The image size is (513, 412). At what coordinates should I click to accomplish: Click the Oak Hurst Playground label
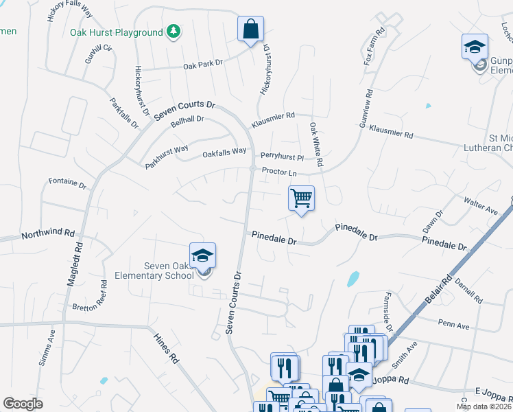click(x=116, y=32)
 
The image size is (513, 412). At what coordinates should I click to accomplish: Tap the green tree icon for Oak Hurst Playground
click(x=174, y=32)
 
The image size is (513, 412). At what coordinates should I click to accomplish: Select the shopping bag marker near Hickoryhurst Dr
click(x=251, y=29)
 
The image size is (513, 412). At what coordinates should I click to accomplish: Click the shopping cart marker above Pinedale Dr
click(x=301, y=198)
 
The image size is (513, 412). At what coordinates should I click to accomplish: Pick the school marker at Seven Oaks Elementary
click(x=202, y=256)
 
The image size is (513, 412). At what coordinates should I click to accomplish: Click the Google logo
click(x=23, y=404)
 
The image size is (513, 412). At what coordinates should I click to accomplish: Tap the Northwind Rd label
click(x=47, y=234)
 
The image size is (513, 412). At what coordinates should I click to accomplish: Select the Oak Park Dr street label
click(x=203, y=65)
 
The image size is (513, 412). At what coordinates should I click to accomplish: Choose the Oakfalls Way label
click(x=224, y=152)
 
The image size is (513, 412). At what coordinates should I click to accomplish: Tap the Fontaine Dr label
click(x=67, y=184)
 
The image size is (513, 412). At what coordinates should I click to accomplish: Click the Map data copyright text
click(x=484, y=407)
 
